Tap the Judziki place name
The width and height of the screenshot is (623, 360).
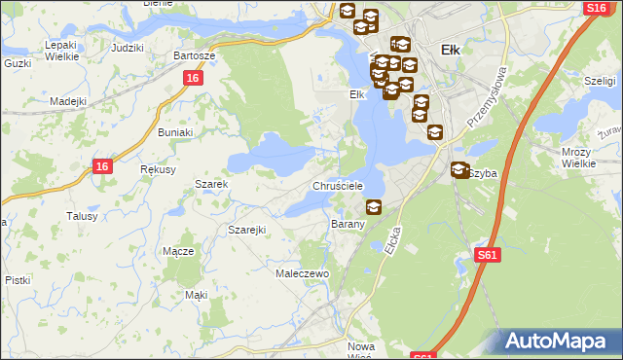[128, 48]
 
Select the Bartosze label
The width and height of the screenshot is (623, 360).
[194, 55]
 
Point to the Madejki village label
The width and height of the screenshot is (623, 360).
[69, 101]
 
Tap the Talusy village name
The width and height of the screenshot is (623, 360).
[82, 216]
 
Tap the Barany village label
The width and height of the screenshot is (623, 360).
[348, 224]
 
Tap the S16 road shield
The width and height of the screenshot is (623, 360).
[597, 8]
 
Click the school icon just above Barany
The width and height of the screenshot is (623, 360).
[373, 206]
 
